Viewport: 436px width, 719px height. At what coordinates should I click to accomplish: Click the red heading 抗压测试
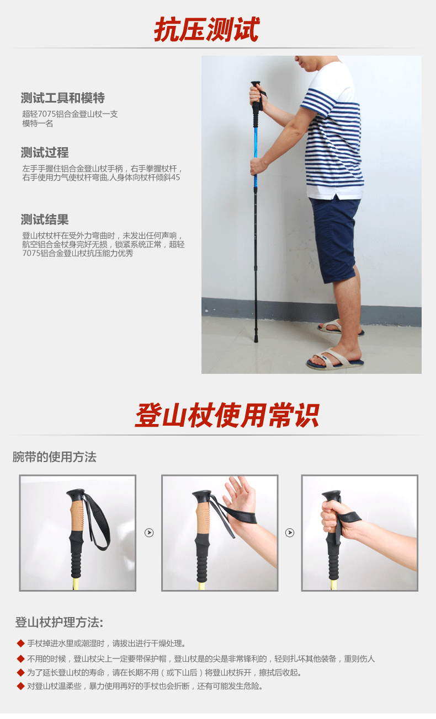click(207, 29)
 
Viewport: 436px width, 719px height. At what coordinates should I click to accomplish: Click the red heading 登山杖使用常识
click(227, 415)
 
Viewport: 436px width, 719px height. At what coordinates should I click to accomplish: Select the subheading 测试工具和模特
click(63, 98)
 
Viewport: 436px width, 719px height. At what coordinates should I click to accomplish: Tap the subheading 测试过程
click(45, 153)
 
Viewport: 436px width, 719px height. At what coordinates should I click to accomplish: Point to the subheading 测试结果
click(45, 219)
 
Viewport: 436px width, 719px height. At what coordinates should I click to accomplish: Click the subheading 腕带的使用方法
click(54, 457)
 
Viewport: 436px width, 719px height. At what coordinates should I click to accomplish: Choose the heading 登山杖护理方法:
click(59, 623)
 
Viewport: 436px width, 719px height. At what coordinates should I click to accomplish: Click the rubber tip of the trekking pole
click(256, 339)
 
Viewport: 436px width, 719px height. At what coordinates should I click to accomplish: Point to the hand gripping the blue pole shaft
click(258, 165)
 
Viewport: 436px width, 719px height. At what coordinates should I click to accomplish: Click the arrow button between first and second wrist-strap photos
click(149, 533)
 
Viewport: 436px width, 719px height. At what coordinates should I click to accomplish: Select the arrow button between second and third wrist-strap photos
click(290, 533)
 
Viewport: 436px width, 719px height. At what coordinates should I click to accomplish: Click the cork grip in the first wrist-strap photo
click(77, 515)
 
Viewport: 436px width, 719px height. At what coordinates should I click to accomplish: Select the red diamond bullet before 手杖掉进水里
click(20, 643)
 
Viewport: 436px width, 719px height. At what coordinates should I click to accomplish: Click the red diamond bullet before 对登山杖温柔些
click(20, 686)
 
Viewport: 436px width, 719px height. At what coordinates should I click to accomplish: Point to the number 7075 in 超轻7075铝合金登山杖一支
click(47, 114)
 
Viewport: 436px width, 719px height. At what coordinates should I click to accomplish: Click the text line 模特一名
click(38, 124)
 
